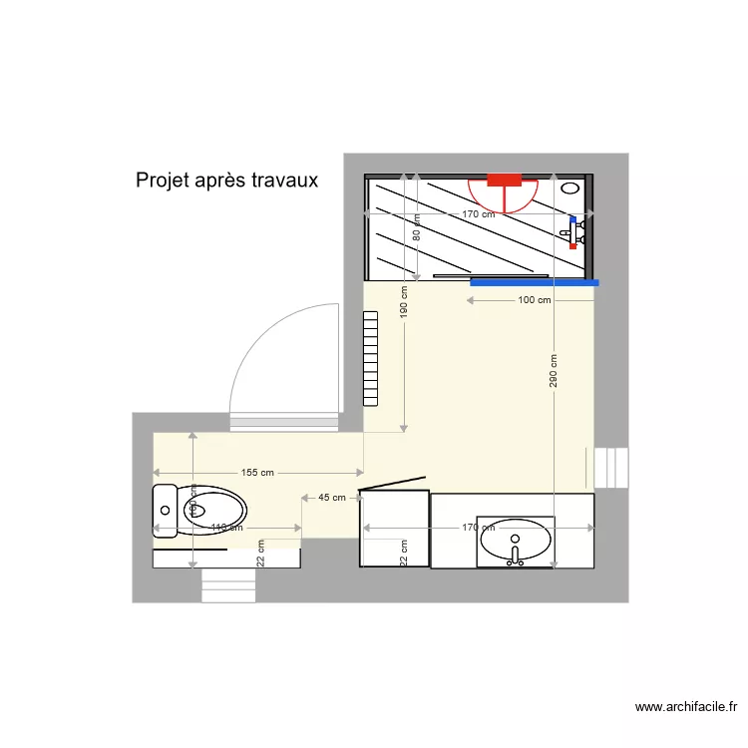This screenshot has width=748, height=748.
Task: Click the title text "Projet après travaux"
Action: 226,181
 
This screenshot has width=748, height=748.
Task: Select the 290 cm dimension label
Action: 554,371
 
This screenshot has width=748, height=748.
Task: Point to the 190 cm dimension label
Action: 404,302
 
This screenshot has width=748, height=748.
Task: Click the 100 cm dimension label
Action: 534,299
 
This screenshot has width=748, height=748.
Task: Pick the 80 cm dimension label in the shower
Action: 416,227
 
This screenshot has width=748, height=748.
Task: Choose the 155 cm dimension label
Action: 257,473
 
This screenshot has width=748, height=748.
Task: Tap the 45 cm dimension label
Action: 332,497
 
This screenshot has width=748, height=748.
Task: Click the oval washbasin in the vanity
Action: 516,542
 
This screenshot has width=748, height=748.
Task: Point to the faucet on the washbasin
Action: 516,556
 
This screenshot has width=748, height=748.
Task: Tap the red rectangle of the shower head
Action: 505,180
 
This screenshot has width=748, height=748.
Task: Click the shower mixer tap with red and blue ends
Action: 574,233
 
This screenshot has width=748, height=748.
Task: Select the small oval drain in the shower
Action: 571,187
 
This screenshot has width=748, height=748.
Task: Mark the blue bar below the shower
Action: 534,282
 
